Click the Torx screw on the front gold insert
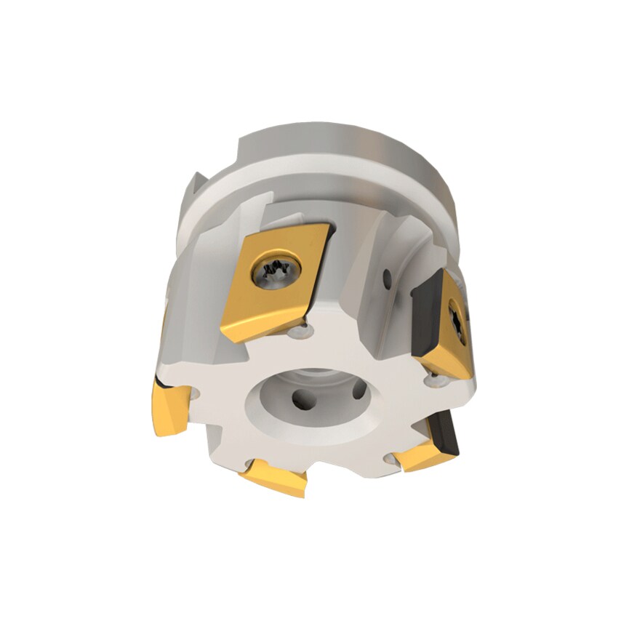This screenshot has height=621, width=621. click(276, 273)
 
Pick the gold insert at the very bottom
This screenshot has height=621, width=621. click(274, 479)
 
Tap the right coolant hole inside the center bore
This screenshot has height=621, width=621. click(358, 390)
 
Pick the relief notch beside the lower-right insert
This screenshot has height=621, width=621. click(396, 458)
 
